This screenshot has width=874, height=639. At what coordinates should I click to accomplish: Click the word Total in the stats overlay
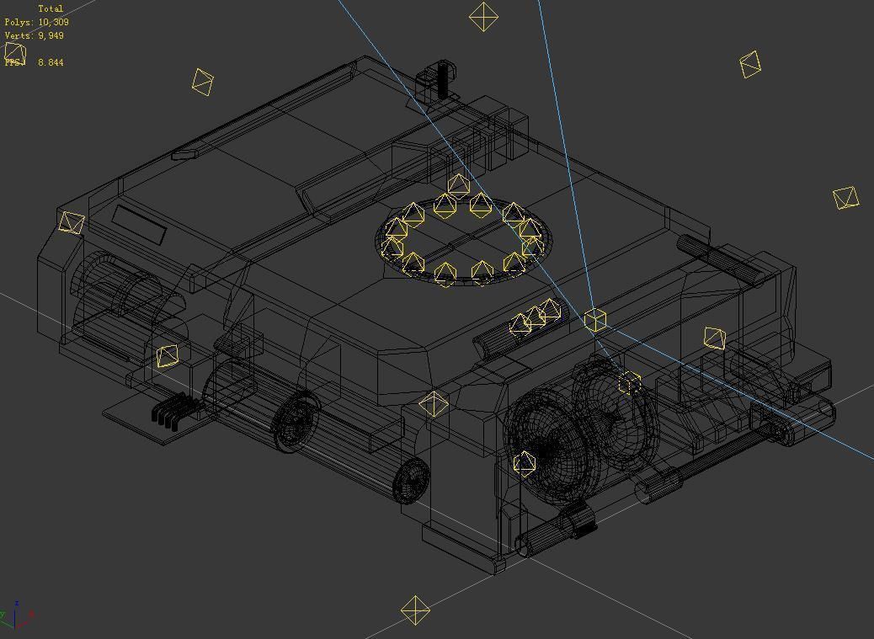coord(51,8)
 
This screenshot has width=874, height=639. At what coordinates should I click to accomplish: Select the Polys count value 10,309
coord(54,22)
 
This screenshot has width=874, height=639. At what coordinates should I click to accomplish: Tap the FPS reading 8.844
coord(50,62)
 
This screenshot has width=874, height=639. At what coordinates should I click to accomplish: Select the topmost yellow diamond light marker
coord(483,17)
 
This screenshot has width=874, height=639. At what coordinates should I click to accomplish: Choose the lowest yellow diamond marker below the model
coord(415,611)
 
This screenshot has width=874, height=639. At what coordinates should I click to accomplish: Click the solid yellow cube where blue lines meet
coord(595,319)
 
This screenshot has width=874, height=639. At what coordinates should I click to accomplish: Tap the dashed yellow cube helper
coord(629,383)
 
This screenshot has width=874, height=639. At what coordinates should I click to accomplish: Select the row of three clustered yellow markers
coord(536,317)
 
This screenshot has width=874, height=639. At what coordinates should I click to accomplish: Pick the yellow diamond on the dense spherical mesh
coord(524,462)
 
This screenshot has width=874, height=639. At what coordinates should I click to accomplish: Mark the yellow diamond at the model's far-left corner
coord(72,222)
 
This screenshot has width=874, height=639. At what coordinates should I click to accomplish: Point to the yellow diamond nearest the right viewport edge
coord(845,198)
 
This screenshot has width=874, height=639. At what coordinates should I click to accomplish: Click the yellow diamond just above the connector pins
coord(168,356)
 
